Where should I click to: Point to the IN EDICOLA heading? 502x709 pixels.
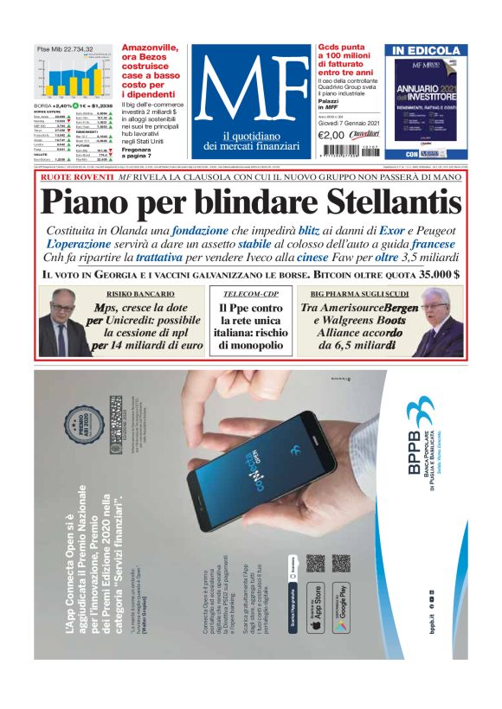tap(425, 51)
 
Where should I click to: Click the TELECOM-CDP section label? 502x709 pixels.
tap(250, 295)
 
